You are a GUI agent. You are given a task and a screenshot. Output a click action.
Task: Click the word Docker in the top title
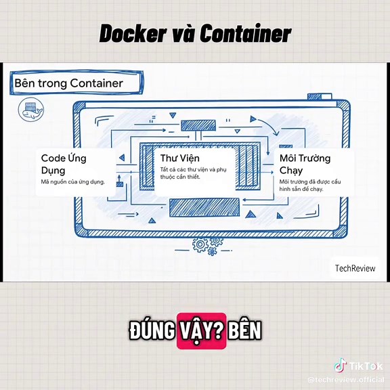click(132, 33)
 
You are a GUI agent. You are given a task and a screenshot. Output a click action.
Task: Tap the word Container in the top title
click(245, 33)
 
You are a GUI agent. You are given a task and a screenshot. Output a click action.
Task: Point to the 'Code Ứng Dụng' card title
click(64, 164)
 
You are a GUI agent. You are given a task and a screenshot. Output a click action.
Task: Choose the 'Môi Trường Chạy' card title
click(305, 164)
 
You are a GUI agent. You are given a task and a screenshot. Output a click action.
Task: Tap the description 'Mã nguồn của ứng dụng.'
click(72, 182)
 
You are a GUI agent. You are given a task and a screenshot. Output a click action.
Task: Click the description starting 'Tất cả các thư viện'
click(192, 173)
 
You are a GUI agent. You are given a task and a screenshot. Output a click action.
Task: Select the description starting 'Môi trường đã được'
click(310, 185)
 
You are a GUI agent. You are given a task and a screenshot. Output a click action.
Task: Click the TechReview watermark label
click(355, 268)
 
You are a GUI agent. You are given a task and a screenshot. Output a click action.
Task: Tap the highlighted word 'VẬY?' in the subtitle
click(201, 331)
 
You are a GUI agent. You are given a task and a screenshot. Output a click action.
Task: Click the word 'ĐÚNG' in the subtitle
click(152, 331)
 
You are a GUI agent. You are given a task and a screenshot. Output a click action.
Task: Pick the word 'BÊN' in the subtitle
click(244, 331)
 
